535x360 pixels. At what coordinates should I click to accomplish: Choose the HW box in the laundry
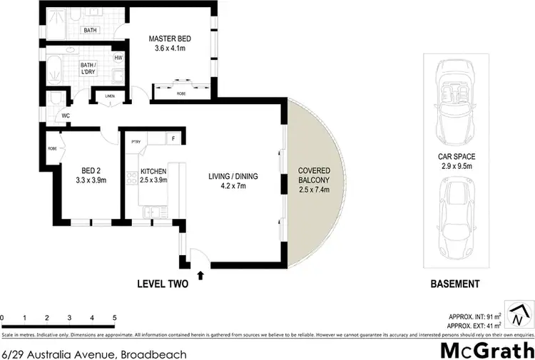point(117,58)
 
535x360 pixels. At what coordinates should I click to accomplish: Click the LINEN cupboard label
point(109,96)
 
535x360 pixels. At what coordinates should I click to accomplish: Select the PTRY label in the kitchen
point(136,141)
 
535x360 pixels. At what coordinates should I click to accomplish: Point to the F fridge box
point(172,138)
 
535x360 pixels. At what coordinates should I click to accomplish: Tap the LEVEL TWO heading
point(162,284)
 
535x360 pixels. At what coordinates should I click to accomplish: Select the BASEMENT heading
point(454,284)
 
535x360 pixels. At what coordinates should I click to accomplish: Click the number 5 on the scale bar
point(114,317)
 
